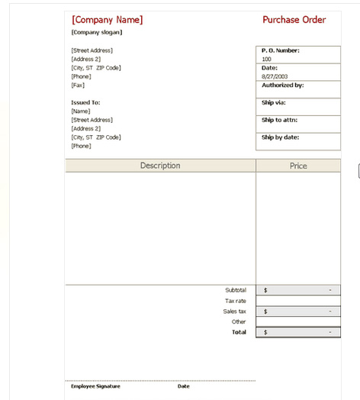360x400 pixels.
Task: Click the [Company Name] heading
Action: (x=107, y=20)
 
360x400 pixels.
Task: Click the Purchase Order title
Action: (x=294, y=20)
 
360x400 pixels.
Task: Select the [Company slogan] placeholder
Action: (x=96, y=32)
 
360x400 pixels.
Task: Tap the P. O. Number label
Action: (x=281, y=50)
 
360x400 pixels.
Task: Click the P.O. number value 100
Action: (x=266, y=59)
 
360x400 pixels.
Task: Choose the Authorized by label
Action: (x=282, y=85)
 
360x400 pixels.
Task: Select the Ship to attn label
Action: (x=279, y=120)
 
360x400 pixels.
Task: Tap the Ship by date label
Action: (x=280, y=137)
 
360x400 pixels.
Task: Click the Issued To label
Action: (x=85, y=102)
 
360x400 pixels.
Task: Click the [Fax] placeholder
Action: (x=78, y=85)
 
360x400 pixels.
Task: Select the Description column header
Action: (x=160, y=166)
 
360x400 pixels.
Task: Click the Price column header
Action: (x=298, y=166)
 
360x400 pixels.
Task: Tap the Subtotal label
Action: (x=236, y=290)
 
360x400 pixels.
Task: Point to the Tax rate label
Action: (x=236, y=301)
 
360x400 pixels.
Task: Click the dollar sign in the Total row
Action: (x=265, y=332)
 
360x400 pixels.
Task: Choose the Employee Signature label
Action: (x=95, y=386)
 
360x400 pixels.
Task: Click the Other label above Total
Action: (x=239, y=321)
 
